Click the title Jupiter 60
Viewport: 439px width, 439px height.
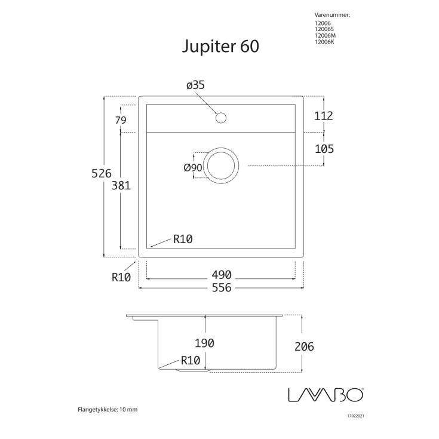pos(220,47)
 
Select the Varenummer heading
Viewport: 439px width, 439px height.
pos(331,13)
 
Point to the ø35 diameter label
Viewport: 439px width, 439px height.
pos(195,85)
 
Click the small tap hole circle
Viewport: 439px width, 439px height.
pos(220,118)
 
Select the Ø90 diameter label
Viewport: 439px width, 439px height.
pos(193,167)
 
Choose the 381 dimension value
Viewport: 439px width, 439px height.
pos(121,185)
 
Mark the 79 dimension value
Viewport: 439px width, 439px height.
pos(121,120)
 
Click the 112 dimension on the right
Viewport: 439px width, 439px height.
pos(323,116)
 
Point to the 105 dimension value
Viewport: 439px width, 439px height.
pos(323,148)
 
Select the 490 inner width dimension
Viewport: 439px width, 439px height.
pos(220,275)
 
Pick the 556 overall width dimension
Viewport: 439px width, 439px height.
pos(220,288)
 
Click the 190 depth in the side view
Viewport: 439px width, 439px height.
pos(204,343)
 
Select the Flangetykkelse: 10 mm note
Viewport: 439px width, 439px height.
pos(108,410)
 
